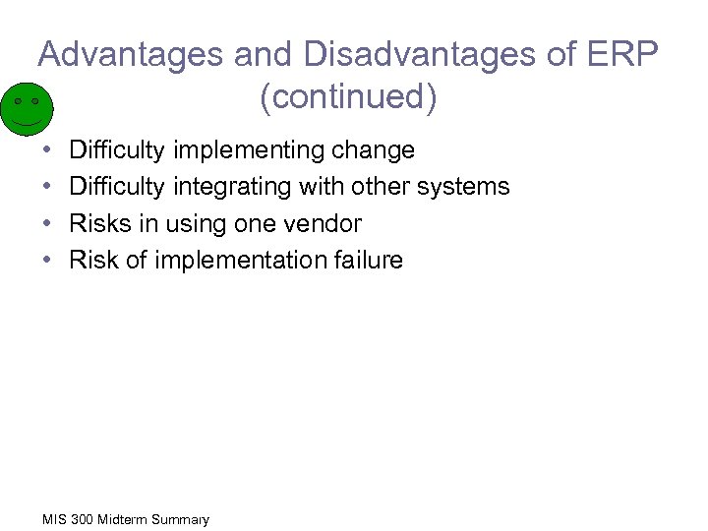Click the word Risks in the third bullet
point(96,223)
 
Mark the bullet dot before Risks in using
point(48,223)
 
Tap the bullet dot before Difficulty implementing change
point(48,150)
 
